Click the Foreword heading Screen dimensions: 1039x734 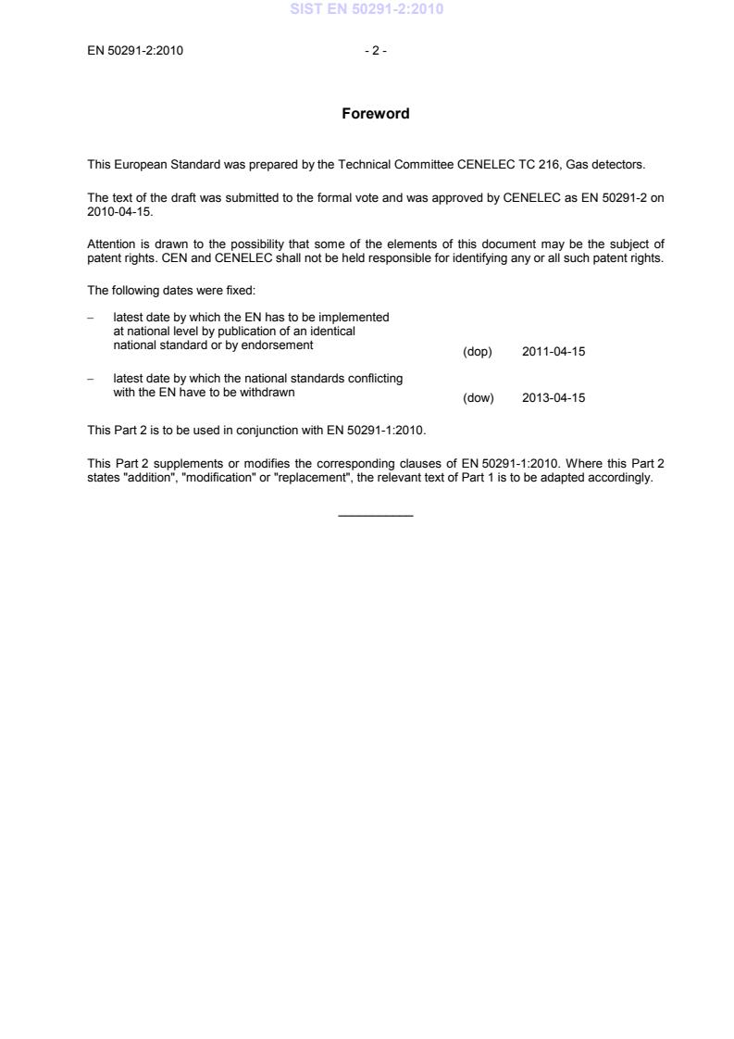pos(375,114)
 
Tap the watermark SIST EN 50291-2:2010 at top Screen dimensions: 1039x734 pos(367,9)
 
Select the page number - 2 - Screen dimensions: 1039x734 pos(375,51)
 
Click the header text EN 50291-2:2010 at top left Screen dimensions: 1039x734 pos(135,51)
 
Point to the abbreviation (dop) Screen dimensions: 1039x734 pos(477,352)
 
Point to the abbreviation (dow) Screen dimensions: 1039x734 pos(478,398)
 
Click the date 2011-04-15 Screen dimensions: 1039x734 pos(554,352)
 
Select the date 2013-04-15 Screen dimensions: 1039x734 pos(554,398)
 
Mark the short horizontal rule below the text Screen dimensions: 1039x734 pos(376,516)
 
